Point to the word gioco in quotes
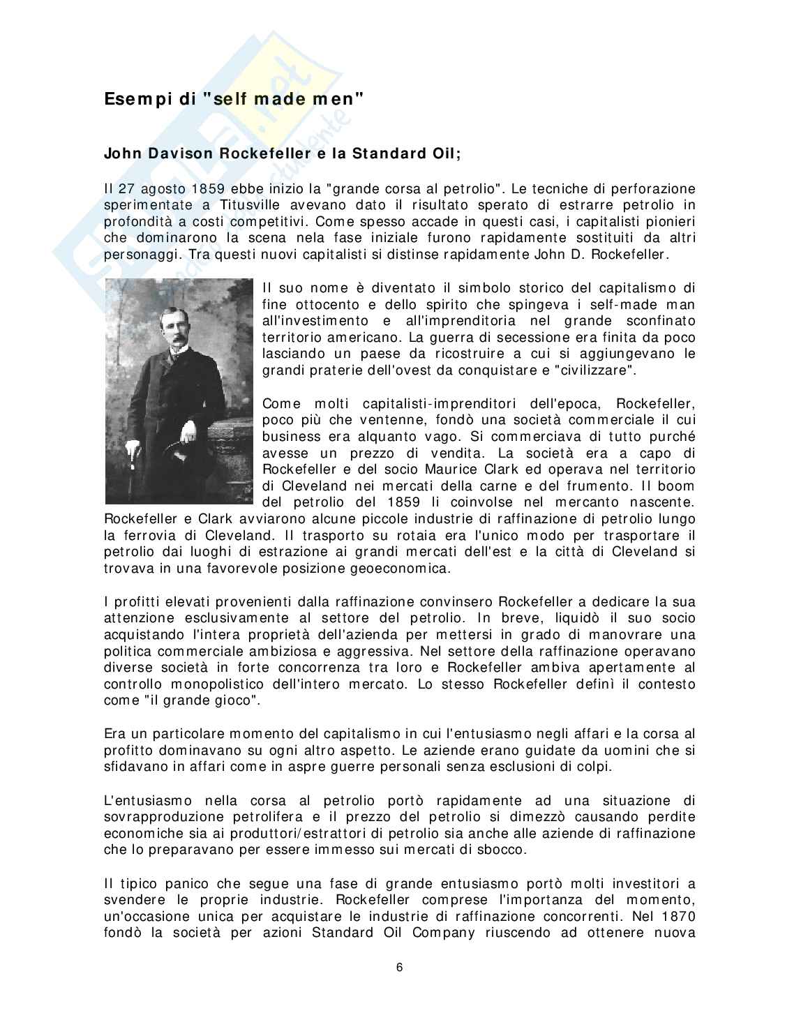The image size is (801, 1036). (x=234, y=700)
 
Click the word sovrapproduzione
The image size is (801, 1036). (x=171, y=817)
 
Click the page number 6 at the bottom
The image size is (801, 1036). (x=399, y=968)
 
